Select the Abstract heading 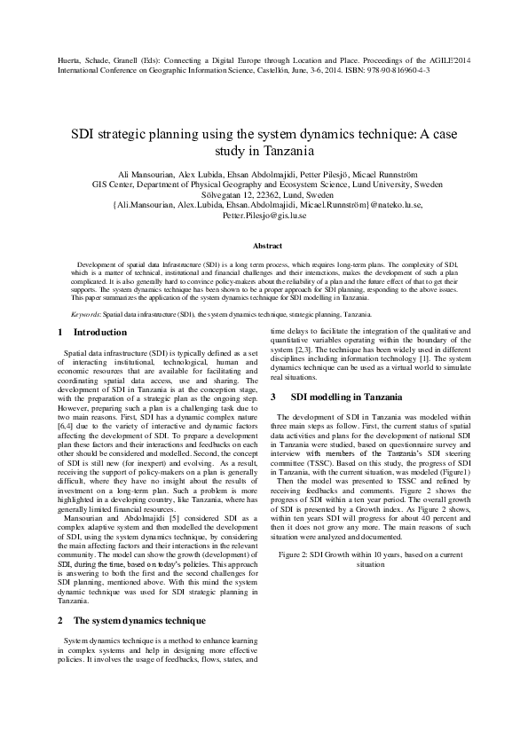267,246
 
